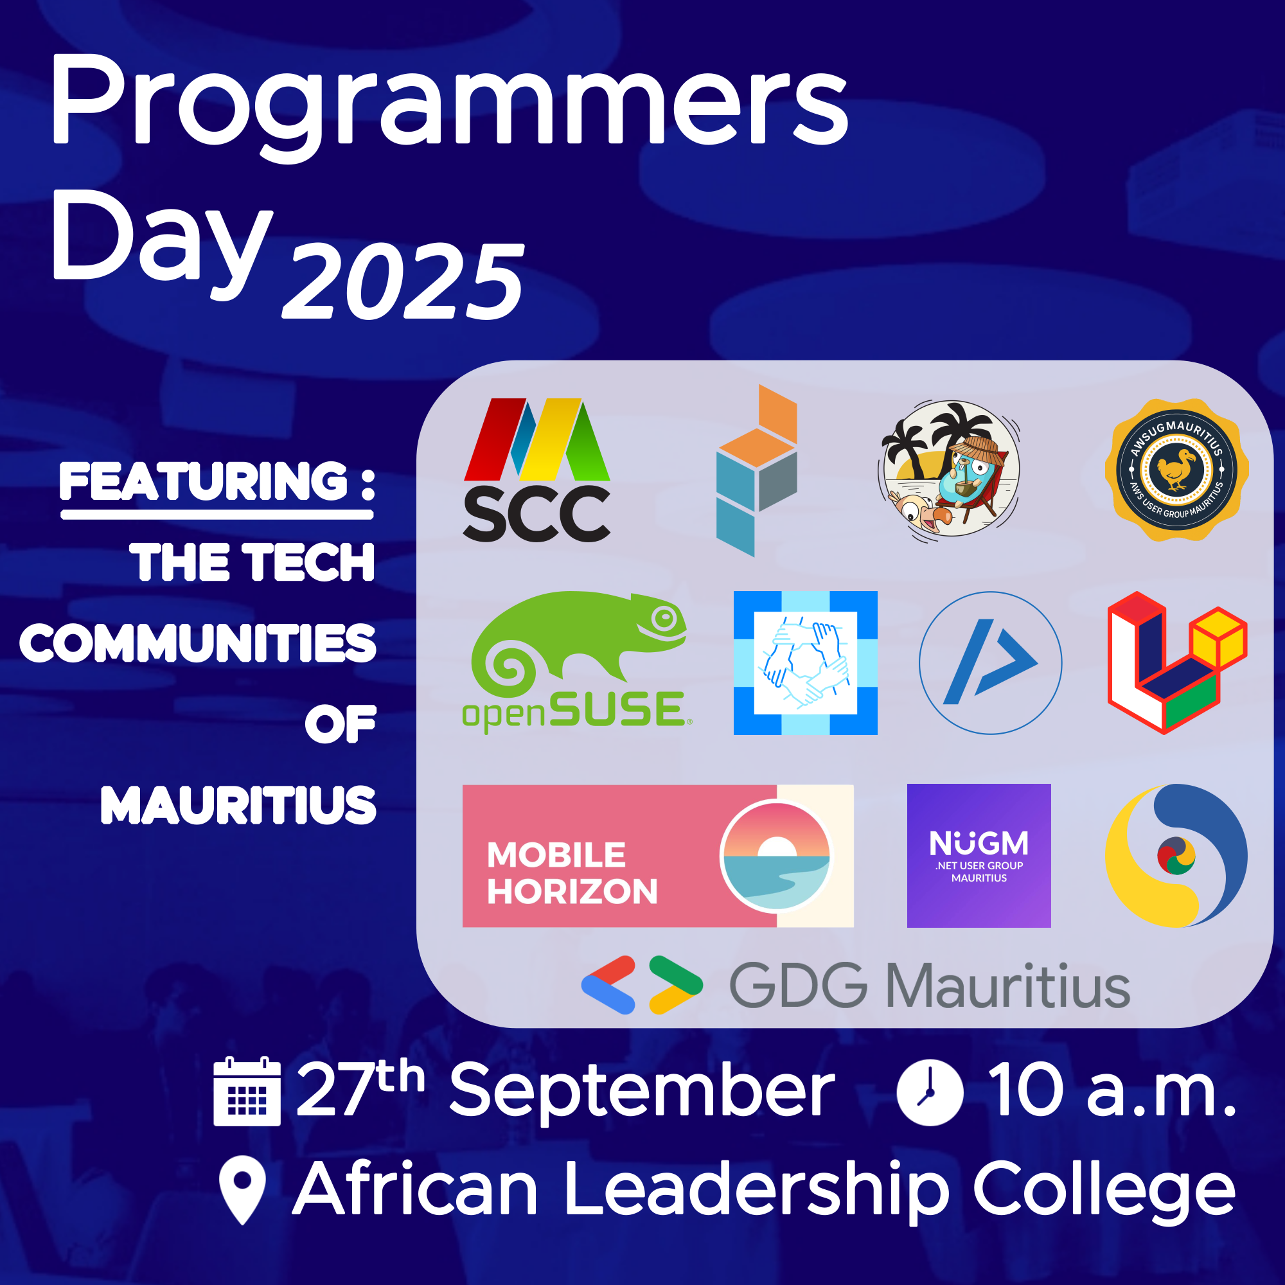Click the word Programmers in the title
coord(450,107)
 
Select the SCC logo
coord(536,470)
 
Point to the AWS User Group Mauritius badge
coord(1176,470)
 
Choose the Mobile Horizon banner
coord(658,855)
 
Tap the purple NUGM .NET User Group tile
coord(979,855)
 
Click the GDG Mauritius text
coord(930,986)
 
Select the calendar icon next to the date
coord(247,1091)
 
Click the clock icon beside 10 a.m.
coord(930,1092)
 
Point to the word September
coord(642,1092)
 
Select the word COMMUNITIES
coord(198,643)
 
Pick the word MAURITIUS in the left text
coord(239,805)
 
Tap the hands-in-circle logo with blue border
coord(806,662)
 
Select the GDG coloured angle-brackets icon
coord(642,985)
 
